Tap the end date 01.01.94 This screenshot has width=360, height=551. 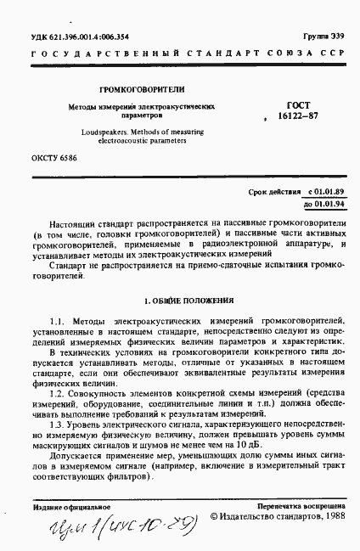(330, 205)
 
